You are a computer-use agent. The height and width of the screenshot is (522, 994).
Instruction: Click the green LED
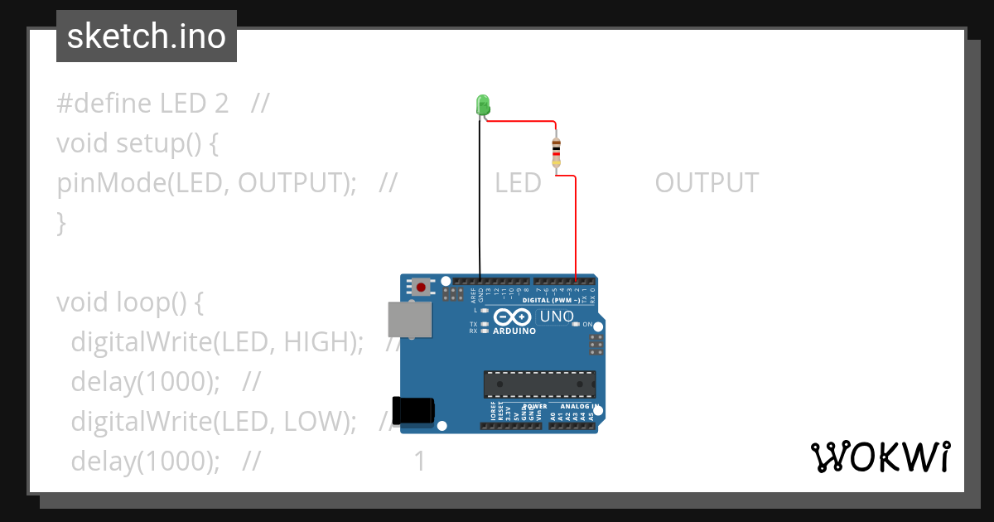(483, 105)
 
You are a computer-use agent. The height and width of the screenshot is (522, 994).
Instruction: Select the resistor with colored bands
(556, 152)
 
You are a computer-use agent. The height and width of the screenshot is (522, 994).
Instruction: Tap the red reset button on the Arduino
(422, 288)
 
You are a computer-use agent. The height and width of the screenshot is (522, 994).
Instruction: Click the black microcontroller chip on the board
(539, 384)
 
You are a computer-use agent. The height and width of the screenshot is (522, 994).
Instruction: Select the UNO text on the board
(557, 317)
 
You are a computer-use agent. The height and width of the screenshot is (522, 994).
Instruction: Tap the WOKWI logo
(880, 457)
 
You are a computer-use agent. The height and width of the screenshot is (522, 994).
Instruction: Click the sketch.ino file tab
(147, 36)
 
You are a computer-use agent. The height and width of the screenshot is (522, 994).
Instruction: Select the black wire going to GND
(479, 199)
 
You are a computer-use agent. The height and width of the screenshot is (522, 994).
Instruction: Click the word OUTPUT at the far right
(706, 183)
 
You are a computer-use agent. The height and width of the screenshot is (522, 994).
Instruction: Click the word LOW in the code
(314, 422)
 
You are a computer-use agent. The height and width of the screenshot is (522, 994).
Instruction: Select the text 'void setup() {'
(137, 143)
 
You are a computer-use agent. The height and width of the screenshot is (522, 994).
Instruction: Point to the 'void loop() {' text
(129, 302)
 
